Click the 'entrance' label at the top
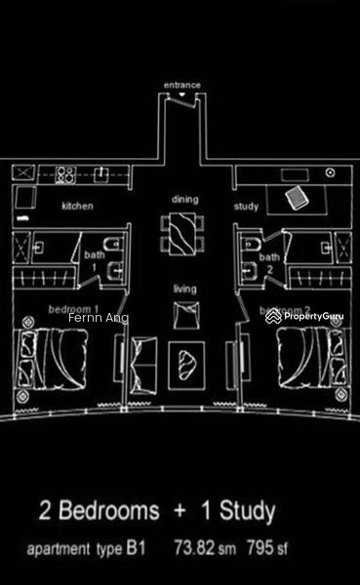pos(182,85)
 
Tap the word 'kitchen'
pos(77,207)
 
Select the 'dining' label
pos(185,199)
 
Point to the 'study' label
pos(245,207)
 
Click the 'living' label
pos(184,289)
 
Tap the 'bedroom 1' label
pos(67,308)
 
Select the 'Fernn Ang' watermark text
pos(98,318)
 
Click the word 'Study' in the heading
pos(243,511)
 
